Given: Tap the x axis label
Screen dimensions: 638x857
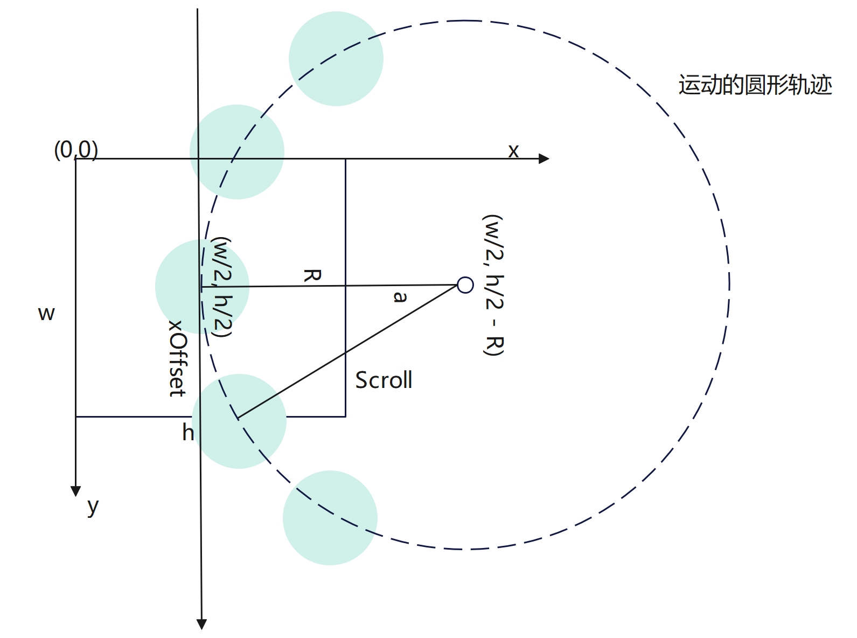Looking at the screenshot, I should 513,151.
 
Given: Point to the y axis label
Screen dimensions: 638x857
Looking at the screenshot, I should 93,506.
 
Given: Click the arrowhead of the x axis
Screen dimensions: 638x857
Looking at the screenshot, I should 544,158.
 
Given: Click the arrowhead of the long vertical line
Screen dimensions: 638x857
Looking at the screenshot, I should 201,624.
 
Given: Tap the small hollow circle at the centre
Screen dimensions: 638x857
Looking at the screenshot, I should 465,285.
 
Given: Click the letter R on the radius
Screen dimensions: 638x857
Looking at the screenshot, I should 312,275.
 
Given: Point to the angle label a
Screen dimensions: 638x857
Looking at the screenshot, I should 400,296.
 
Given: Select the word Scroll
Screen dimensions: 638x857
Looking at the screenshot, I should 384,380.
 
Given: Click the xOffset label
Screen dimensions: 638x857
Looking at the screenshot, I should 177,358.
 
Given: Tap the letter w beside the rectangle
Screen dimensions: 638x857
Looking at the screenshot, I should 46,313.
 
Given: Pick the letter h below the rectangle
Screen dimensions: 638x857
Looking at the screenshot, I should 187,432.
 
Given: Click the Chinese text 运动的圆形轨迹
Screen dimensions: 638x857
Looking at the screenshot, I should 755,85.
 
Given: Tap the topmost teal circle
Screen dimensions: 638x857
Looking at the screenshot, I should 336,59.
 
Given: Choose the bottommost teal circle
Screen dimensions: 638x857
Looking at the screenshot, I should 330,518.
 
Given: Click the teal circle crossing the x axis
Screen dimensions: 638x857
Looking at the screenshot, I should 236,152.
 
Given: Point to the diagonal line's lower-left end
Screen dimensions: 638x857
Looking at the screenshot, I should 238,418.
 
